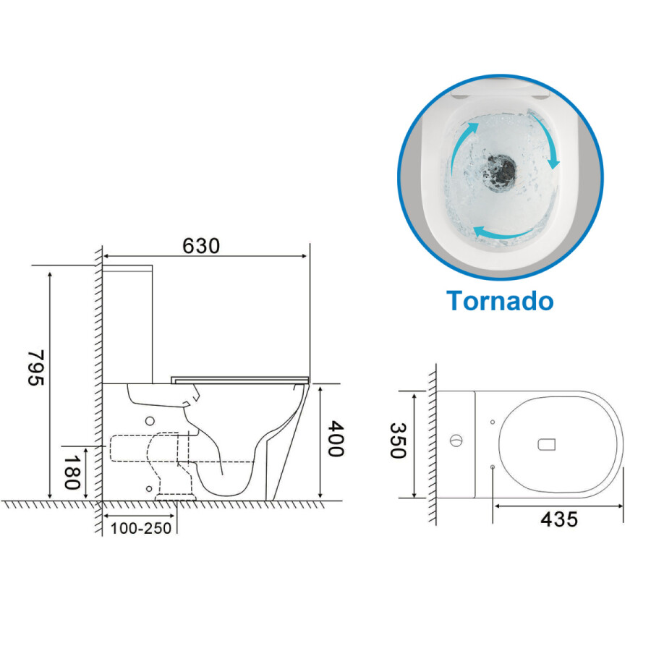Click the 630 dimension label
(x=201, y=246)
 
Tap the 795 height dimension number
(x=36, y=368)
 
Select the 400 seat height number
(x=336, y=439)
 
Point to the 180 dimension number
(x=72, y=472)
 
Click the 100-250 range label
(x=141, y=529)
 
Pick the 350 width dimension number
(x=397, y=441)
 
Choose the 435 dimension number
(x=559, y=519)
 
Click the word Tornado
(x=500, y=300)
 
